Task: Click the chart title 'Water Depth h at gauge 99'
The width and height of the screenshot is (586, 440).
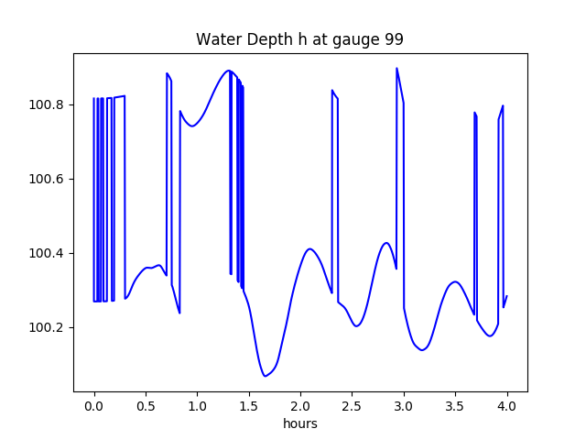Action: [x=299, y=39]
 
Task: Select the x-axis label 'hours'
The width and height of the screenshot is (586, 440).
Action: [x=300, y=423]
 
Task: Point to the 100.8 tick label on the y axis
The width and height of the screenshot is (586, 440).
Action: [x=46, y=104]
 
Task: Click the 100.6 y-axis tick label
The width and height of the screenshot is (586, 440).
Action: [x=46, y=179]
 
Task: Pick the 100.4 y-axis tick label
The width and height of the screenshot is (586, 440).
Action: [x=46, y=253]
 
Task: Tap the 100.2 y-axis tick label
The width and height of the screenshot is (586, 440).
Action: [x=46, y=327]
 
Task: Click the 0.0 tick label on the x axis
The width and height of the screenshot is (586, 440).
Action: [x=93, y=406]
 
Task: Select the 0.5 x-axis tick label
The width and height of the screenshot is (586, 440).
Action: [x=146, y=406]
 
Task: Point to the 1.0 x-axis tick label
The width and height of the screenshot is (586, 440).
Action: [x=197, y=406]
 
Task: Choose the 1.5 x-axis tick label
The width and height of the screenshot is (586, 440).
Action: [x=248, y=406]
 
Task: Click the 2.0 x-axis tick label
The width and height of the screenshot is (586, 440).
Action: [x=300, y=406]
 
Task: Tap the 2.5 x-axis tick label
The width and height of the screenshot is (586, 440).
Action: [x=352, y=406]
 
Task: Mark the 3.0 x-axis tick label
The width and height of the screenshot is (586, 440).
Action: [x=404, y=406]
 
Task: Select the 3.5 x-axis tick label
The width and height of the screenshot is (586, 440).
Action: [x=455, y=406]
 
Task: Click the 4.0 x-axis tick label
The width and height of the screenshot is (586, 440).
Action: [x=507, y=406]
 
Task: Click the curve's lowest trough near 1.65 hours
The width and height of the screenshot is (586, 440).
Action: [x=265, y=376]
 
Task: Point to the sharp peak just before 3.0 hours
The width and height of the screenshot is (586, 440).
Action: [x=396, y=68]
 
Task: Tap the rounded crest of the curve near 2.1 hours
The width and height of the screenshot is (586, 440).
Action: [x=309, y=248]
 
